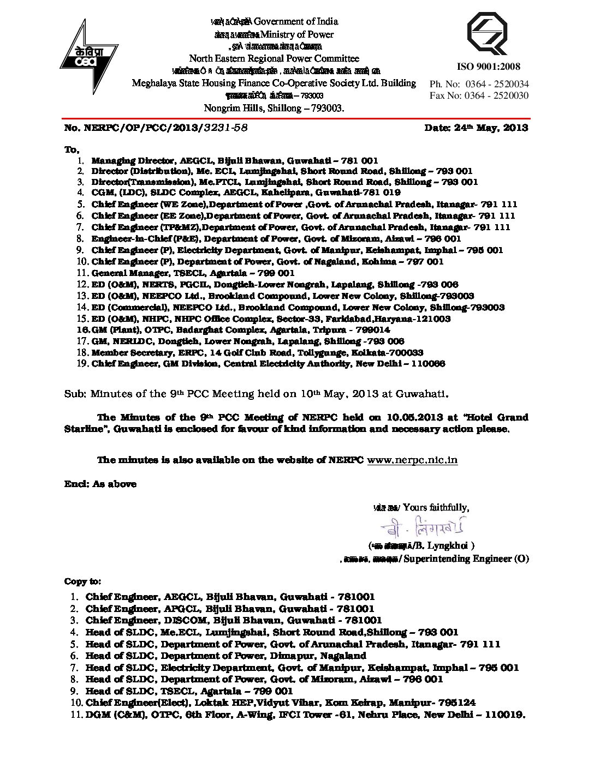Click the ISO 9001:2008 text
(488, 67)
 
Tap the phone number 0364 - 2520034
(496, 84)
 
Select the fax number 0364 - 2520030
(496, 95)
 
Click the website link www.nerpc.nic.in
(412, 460)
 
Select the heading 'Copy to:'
(82, 581)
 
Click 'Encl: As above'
(100, 484)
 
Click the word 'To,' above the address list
(72, 149)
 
